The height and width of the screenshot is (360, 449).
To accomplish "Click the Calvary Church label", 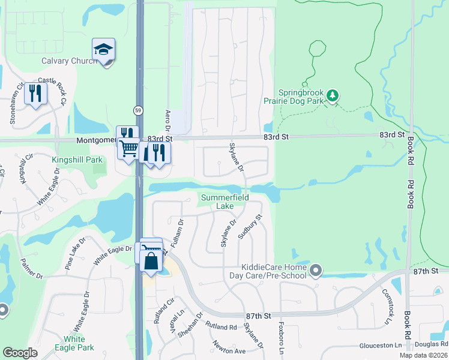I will click(69, 61).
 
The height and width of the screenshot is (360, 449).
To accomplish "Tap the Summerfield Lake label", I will click(226, 202).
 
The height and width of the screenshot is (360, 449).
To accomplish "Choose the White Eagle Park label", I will click(74, 343).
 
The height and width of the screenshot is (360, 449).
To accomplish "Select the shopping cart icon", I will click(128, 148).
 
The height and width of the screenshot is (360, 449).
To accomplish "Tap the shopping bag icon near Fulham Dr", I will click(151, 261).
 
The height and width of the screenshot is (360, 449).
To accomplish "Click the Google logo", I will click(20, 352).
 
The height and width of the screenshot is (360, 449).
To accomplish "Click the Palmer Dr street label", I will click(31, 269).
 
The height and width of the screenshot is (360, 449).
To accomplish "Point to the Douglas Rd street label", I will click(431, 345).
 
